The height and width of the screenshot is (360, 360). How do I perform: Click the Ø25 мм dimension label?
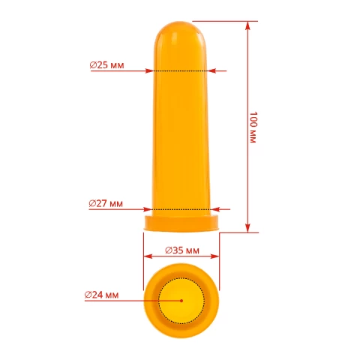click(106, 65)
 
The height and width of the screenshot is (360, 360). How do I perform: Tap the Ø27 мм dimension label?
click(106, 204)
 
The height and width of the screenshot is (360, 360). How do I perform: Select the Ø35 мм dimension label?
click(182, 250)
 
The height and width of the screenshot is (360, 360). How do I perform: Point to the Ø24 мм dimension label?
click(101, 295)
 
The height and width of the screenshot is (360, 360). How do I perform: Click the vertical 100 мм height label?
click(253, 127)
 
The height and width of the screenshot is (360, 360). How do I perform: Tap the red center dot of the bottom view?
click(181, 301)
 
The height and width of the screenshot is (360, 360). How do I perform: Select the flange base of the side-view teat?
click(181, 223)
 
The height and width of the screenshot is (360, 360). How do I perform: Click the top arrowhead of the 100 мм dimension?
click(247, 25)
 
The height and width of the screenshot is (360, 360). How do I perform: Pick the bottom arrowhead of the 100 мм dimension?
click(247, 228)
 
